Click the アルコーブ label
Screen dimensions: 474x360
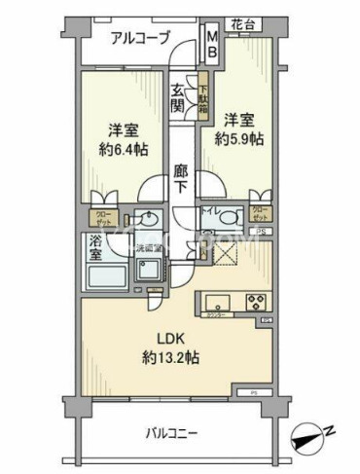point(140,38)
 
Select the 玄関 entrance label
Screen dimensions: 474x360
point(180,97)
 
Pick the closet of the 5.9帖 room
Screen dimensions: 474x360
point(258,213)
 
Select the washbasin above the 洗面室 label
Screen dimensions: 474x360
point(148,218)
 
